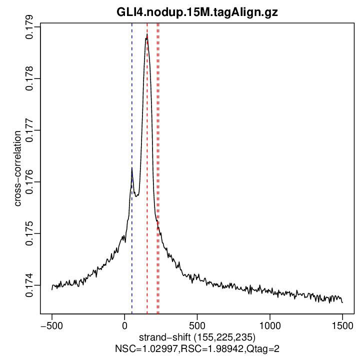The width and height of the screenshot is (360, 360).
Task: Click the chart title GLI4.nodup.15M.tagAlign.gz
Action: (x=197, y=12)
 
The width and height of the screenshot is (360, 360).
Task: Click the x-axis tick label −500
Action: (x=51, y=324)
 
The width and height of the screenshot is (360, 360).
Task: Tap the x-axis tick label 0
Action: (x=124, y=324)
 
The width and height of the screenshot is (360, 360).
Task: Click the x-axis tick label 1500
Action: (x=342, y=324)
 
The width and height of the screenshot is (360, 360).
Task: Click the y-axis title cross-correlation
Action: (x=17, y=168)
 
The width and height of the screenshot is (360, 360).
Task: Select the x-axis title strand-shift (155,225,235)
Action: (x=197, y=337)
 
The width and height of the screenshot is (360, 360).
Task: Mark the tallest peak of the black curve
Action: (x=147, y=36)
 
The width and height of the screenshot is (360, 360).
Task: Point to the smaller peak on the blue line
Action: (x=132, y=168)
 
